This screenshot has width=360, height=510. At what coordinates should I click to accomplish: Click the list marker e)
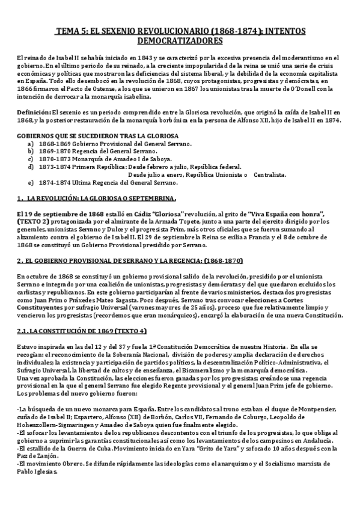[31, 182]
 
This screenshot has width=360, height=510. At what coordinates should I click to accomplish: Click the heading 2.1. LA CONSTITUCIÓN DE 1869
[82, 331]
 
